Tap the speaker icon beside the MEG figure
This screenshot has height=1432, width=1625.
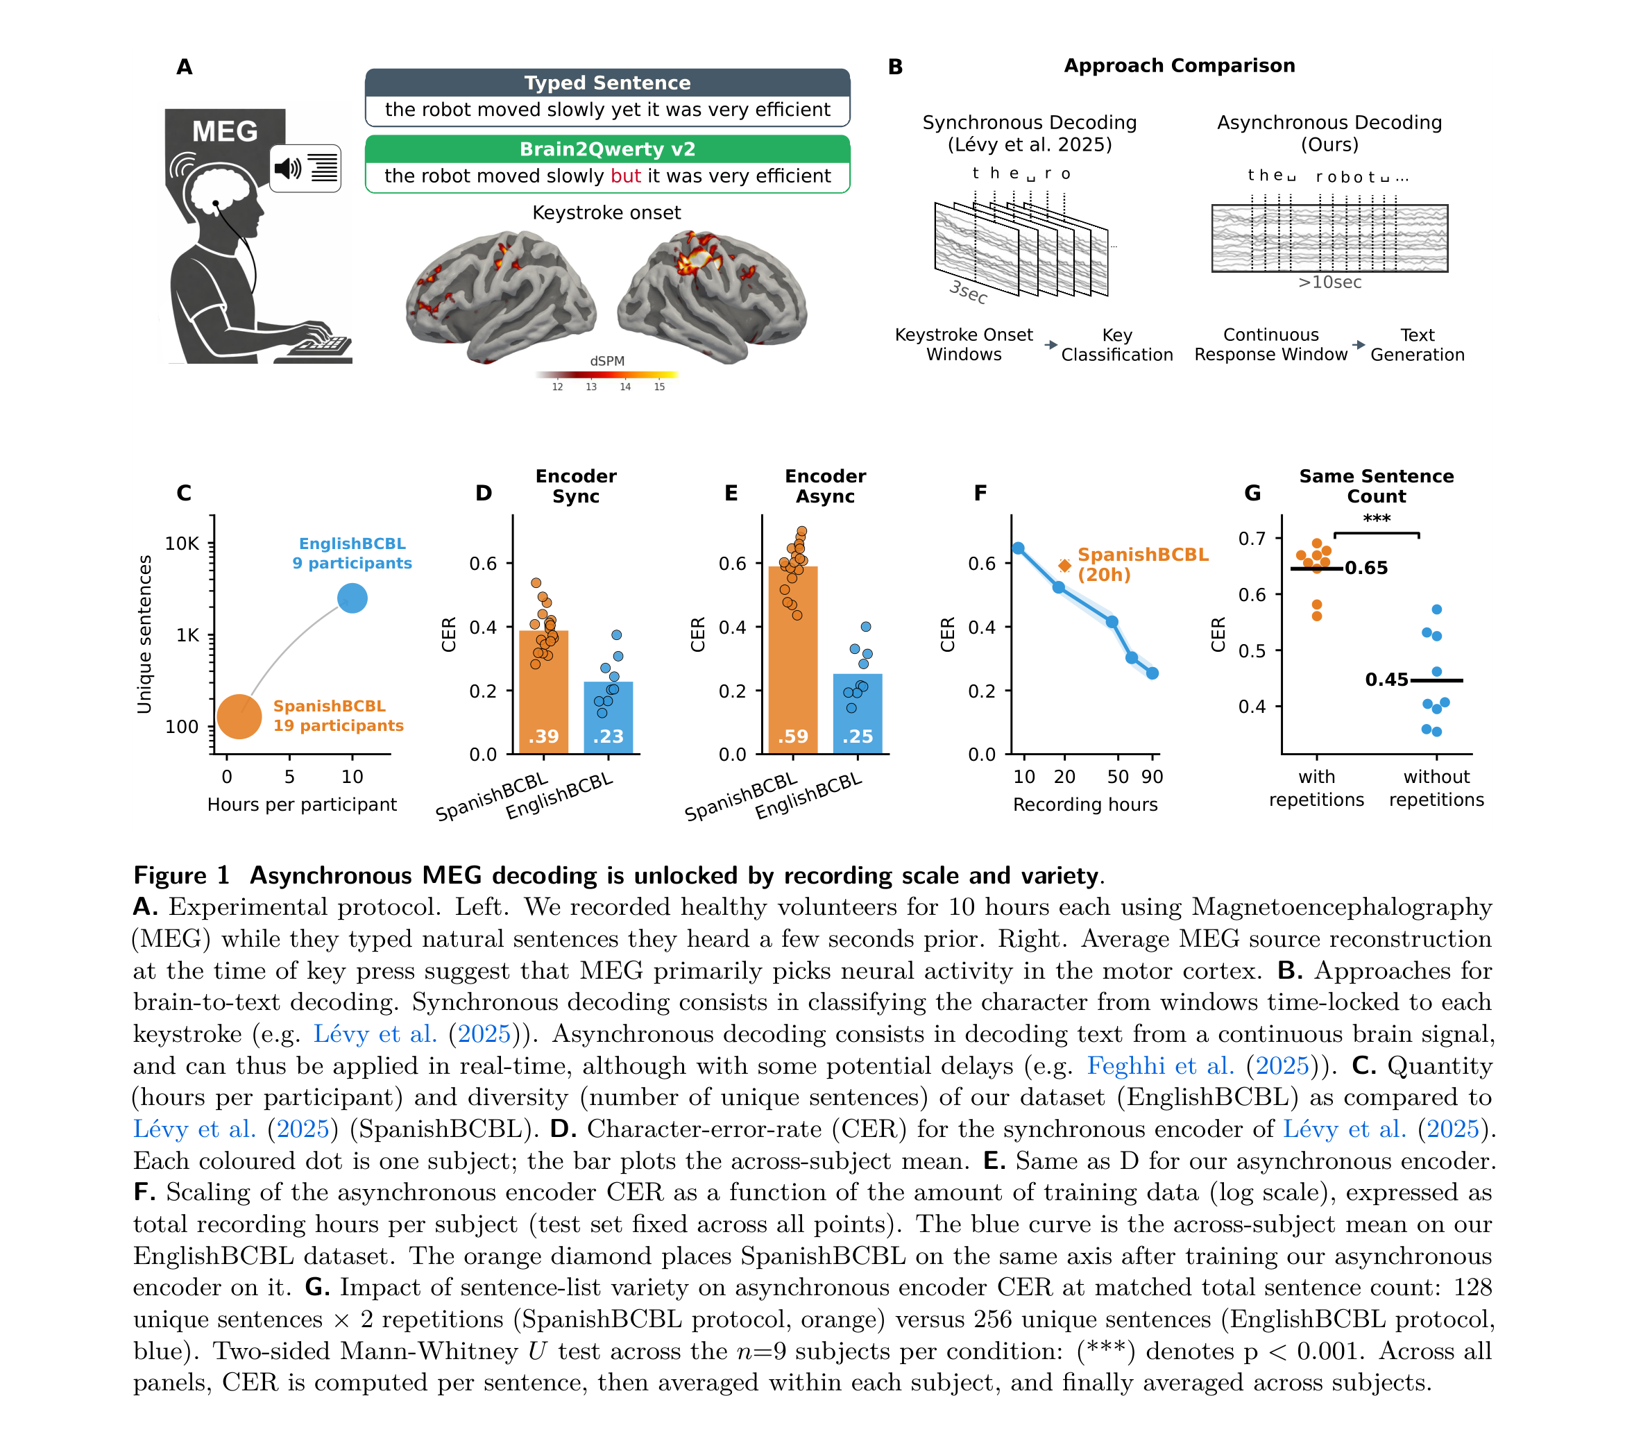287,168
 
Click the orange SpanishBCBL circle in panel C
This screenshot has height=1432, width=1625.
239,716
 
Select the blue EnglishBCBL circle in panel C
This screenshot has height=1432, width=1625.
352,598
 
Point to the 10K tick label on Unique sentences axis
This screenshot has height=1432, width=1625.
182,544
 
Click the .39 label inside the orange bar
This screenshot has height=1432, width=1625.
544,736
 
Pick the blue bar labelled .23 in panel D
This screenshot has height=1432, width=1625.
609,717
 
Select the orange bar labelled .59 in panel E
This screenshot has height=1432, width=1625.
792,660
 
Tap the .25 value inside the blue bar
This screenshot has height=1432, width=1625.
858,736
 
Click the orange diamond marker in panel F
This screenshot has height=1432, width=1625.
1064,565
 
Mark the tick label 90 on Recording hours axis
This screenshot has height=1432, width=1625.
1152,777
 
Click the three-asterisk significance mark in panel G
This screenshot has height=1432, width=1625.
1376,519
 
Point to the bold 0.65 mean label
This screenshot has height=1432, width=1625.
1365,568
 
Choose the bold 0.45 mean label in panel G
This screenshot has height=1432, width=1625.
1386,680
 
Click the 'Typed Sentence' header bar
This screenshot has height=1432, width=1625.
607,83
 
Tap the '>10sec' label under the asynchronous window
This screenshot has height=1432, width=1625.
1329,283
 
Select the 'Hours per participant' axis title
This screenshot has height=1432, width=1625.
302,805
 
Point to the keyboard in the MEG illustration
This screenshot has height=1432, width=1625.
321,348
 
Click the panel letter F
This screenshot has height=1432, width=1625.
980,493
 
